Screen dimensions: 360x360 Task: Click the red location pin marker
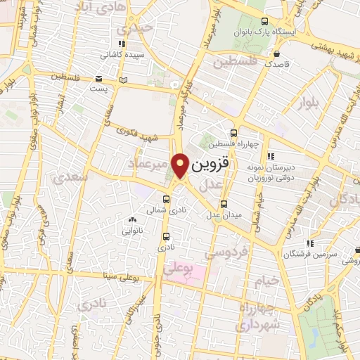pyautogui.click(x=181, y=165)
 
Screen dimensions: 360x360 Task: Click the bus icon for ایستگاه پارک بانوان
pyautogui.click(x=264, y=21)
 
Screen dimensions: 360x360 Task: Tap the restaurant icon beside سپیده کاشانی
pyautogui.click(x=122, y=44)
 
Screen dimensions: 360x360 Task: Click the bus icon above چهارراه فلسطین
pyautogui.click(x=234, y=132)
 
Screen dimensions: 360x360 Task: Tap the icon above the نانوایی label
pyautogui.click(x=132, y=220)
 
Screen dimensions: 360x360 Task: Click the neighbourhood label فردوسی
pyautogui.click(x=226, y=252)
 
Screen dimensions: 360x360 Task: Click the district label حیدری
pyautogui.click(x=135, y=29)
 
